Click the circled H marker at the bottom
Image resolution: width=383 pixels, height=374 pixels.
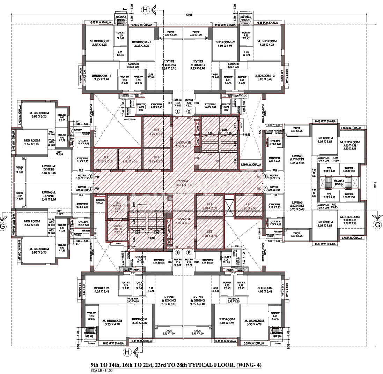pyautogui.click(x=127, y=352)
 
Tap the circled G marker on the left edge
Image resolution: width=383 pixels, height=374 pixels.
pyautogui.click(x=3, y=226)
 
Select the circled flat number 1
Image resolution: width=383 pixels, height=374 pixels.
pyautogui.click(x=177, y=112)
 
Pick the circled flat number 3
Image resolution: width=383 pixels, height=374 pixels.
pyautogui.click(x=265, y=177)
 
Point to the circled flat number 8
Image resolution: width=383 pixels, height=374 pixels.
pyautogui.click(x=91, y=177)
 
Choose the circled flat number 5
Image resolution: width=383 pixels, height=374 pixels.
pyautogui.click(x=189, y=252)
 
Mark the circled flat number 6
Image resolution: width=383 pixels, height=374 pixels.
pyautogui.click(x=177, y=252)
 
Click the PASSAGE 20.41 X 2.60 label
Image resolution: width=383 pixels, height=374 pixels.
pyautogui.click(x=184, y=183)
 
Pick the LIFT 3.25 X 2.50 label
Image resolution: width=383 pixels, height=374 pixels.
pyautogui.click(x=153, y=159)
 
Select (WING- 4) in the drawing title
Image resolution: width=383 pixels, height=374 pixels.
pyautogui.click(x=249, y=365)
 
